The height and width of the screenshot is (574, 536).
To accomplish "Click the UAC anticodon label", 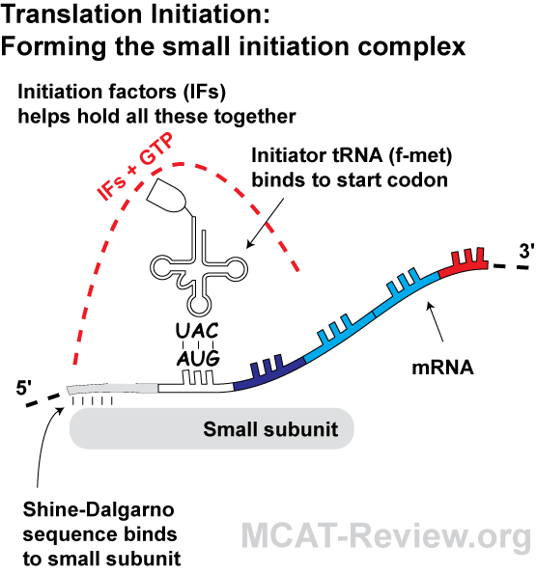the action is [197, 330].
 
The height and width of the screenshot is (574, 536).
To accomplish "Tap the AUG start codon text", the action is [198, 358].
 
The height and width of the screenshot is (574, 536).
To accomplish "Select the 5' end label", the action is [24, 387].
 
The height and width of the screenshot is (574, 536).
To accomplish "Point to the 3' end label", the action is [526, 251].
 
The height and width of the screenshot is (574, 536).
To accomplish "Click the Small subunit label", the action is [270, 429].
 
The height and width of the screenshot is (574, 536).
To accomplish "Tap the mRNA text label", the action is [442, 368].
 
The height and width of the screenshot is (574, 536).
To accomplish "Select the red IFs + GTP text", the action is [134, 167].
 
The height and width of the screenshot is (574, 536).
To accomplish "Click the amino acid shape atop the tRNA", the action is [167, 196].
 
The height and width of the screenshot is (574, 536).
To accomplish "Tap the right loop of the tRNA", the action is [236, 269].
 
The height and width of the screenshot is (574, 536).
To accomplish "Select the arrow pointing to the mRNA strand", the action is [436, 322].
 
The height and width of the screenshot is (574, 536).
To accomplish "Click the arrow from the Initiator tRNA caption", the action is [265, 223].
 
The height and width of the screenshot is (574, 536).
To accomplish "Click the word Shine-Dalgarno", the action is [99, 510].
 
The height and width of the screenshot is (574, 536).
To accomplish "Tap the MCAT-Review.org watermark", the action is [386, 536].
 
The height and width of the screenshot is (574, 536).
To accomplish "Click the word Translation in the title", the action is [71, 14].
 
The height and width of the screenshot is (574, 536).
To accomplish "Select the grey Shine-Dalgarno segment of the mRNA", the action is [112, 389].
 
